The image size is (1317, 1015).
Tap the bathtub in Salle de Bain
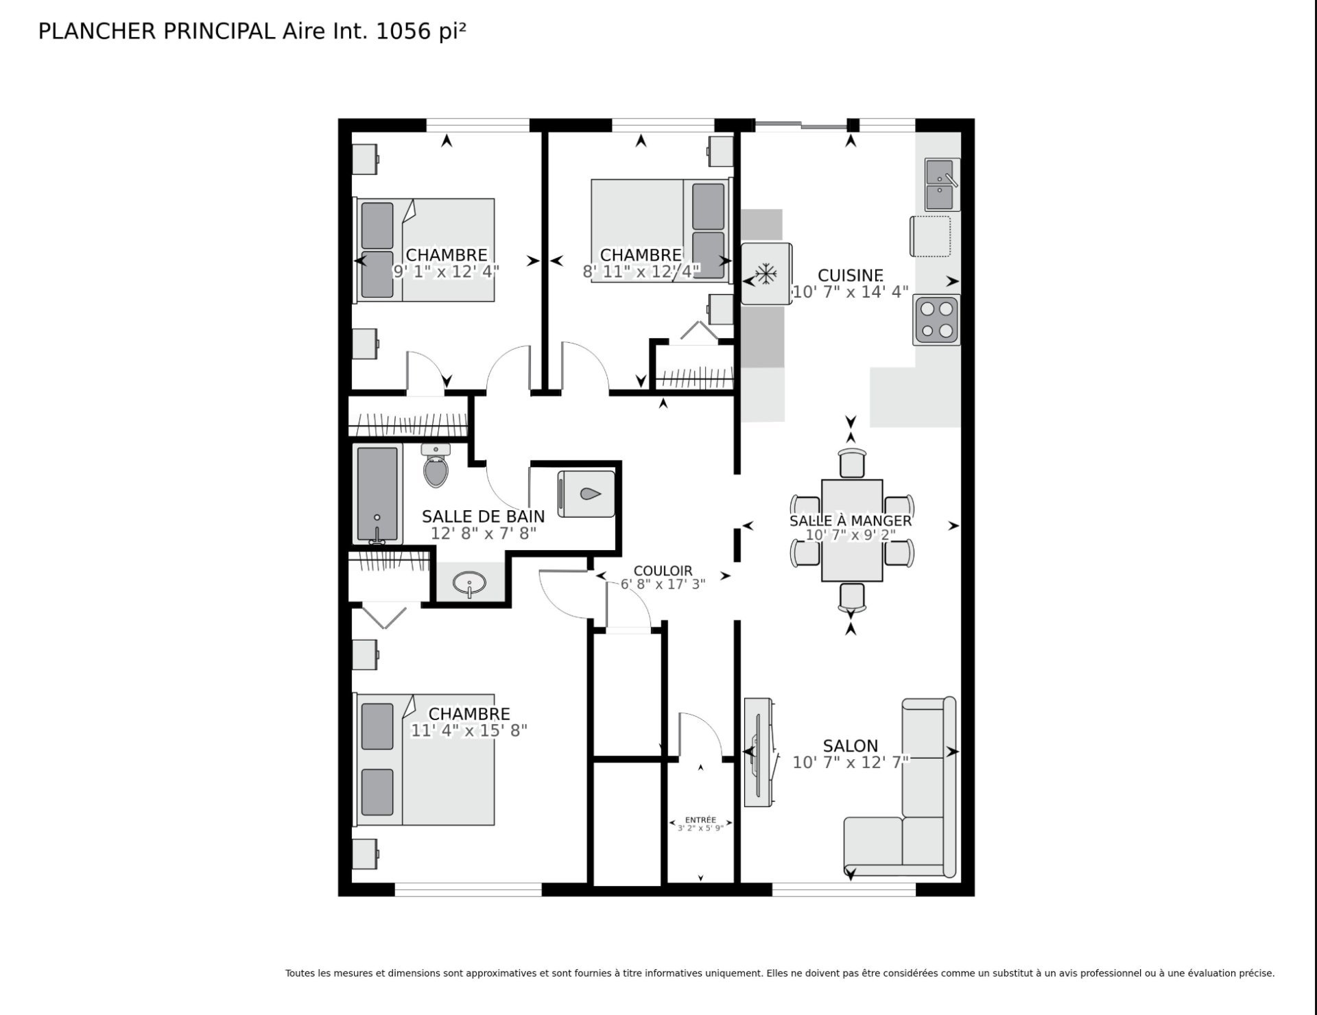377,494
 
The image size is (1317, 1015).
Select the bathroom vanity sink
470,584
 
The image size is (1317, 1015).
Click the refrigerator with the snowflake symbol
766,274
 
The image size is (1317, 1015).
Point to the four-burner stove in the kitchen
936,320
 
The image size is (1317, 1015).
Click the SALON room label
851,745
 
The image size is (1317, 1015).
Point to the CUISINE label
851,275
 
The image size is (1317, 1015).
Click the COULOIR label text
663,571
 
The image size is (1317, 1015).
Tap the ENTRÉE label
700,820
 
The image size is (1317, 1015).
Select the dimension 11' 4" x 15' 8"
469,730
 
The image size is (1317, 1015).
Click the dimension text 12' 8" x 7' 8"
484,533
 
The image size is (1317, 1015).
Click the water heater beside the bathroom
586,494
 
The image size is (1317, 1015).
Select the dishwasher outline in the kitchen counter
931,236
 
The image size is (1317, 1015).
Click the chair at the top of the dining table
852,462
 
